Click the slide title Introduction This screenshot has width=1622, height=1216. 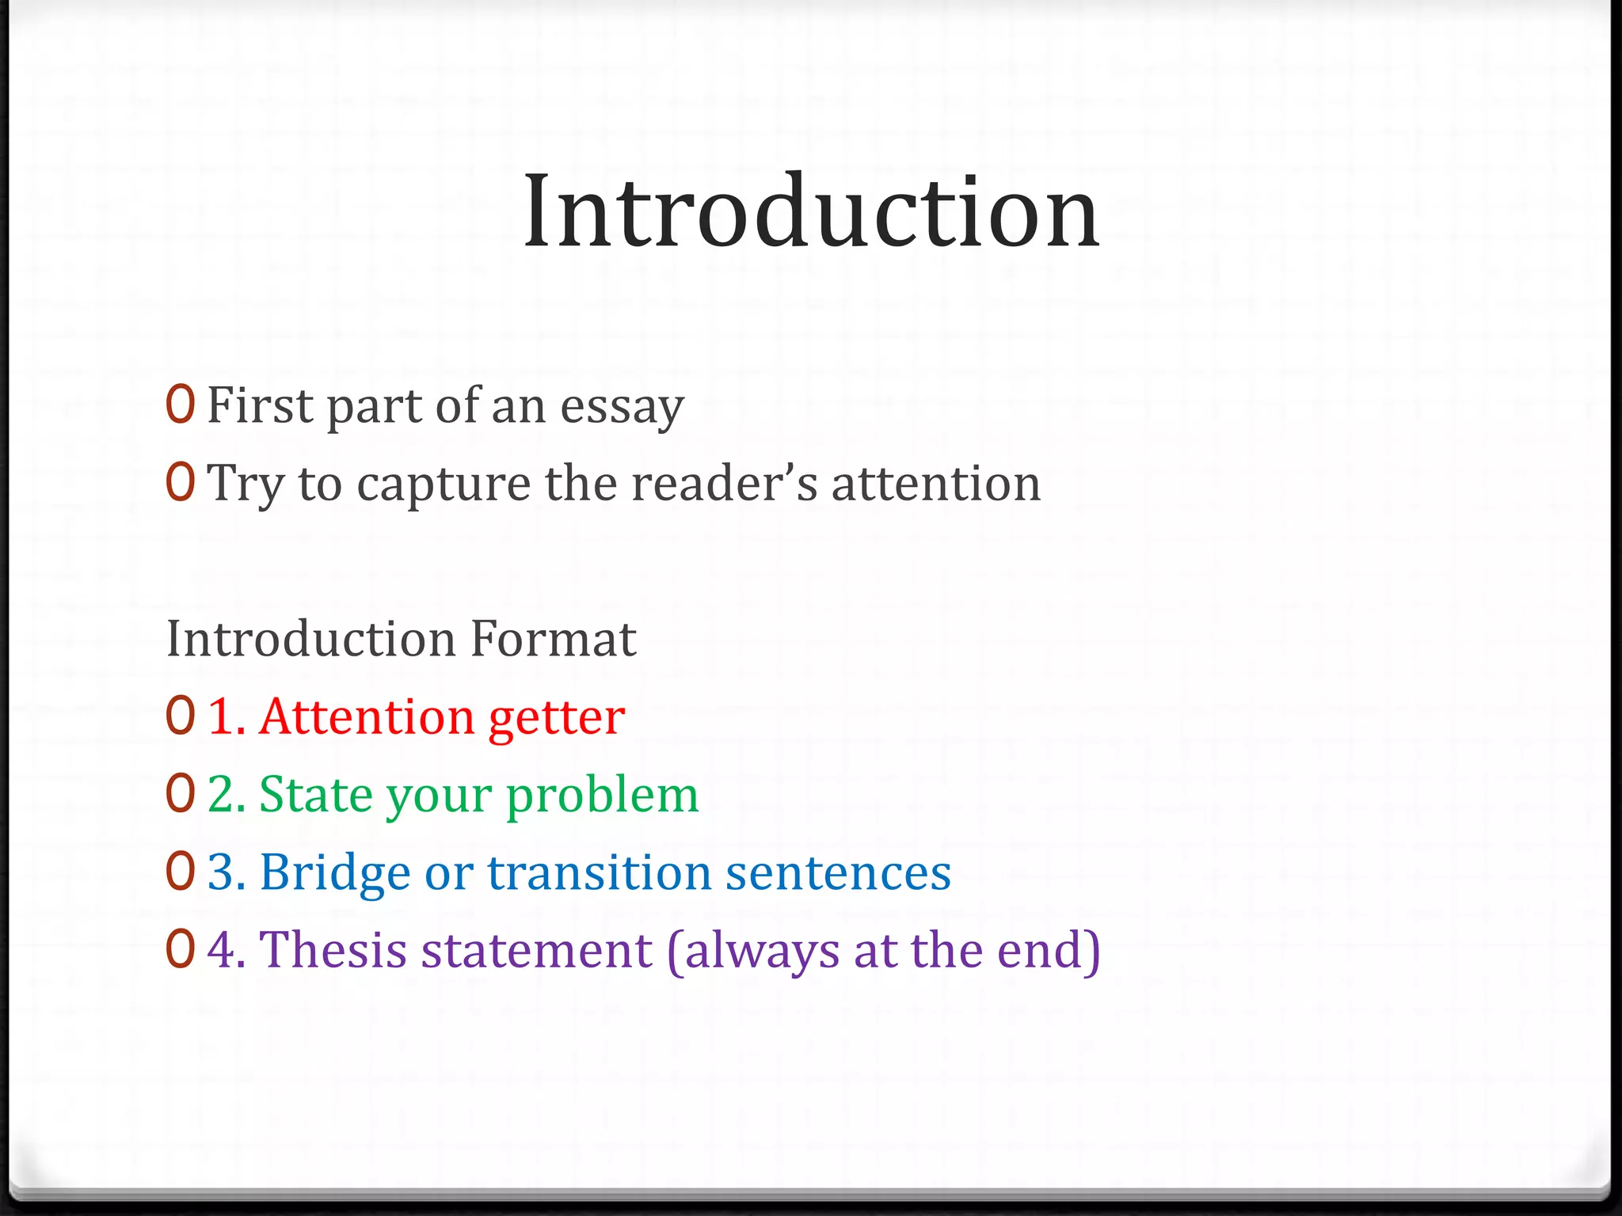811,212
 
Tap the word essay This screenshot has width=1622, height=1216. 622,407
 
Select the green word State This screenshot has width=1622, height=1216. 314,794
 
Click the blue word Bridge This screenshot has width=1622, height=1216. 334,873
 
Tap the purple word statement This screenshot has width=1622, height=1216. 536,950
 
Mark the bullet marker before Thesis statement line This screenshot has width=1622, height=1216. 181,948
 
